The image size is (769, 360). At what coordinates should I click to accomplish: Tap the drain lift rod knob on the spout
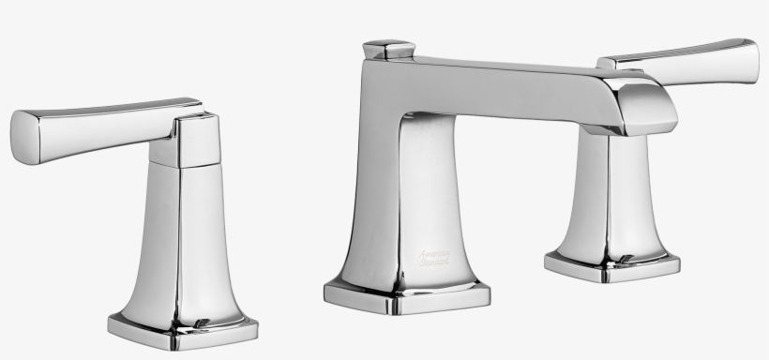(388, 49)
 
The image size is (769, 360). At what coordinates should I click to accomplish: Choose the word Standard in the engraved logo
(433, 262)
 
